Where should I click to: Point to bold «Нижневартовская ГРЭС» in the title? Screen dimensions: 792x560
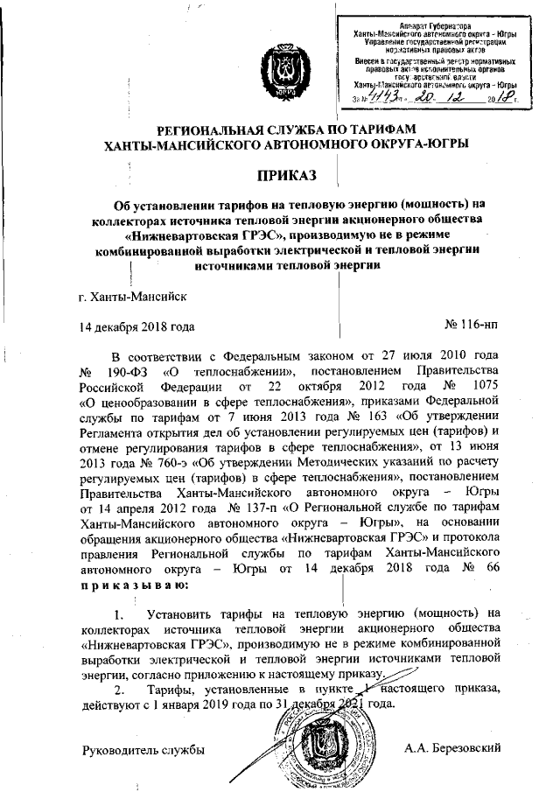[192, 235]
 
